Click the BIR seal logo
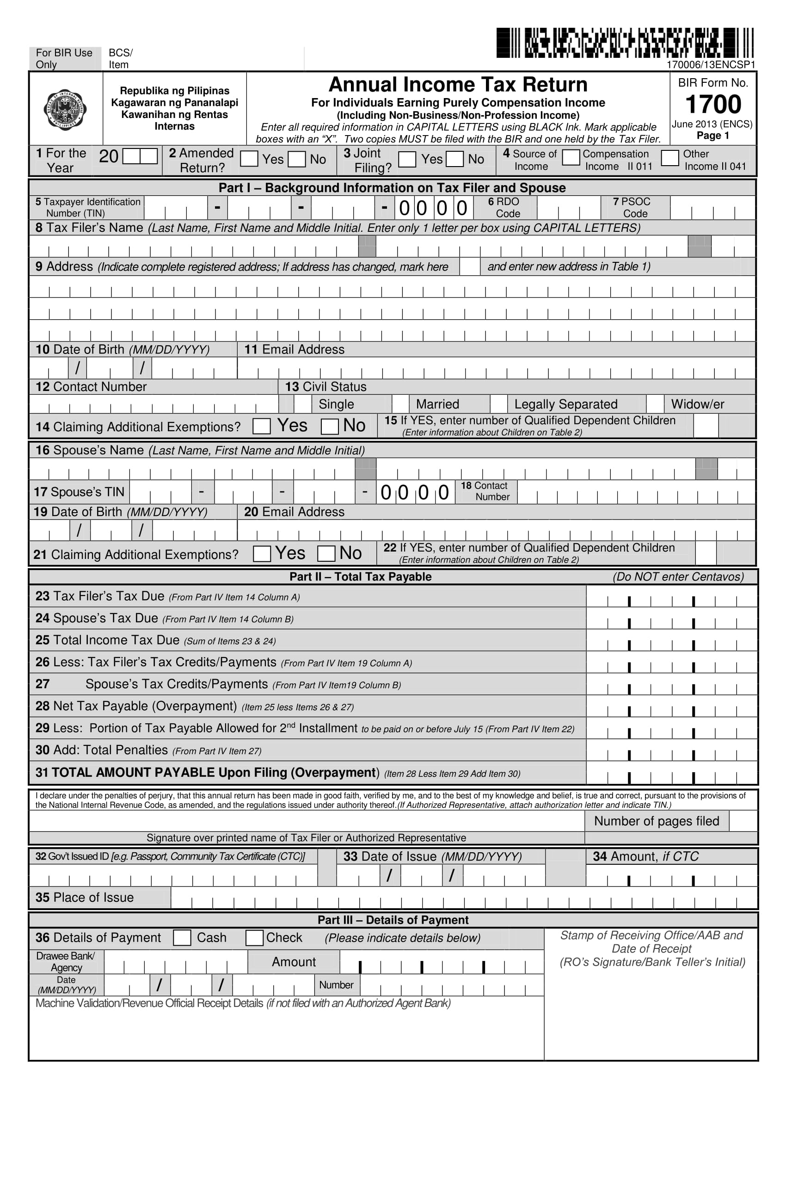(65, 109)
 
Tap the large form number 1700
(713, 105)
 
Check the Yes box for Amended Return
(249, 159)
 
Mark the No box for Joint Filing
(454, 159)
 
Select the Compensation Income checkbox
(571, 158)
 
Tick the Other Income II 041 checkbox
(670, 158)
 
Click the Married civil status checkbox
(400, 404)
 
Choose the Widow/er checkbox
(655, 404)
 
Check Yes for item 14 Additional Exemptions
(262, 426)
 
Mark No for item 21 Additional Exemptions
(326, 553)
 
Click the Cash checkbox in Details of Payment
(182, 937)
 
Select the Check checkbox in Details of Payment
(254, 937)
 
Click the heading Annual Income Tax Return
(458, 84)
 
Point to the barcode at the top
(624, 43)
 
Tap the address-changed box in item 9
(469, 267)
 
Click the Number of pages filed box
(743, 821)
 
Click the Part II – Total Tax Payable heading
(360, 577)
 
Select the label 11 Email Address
(294, 349)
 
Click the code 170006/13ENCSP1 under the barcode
(711, 65)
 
